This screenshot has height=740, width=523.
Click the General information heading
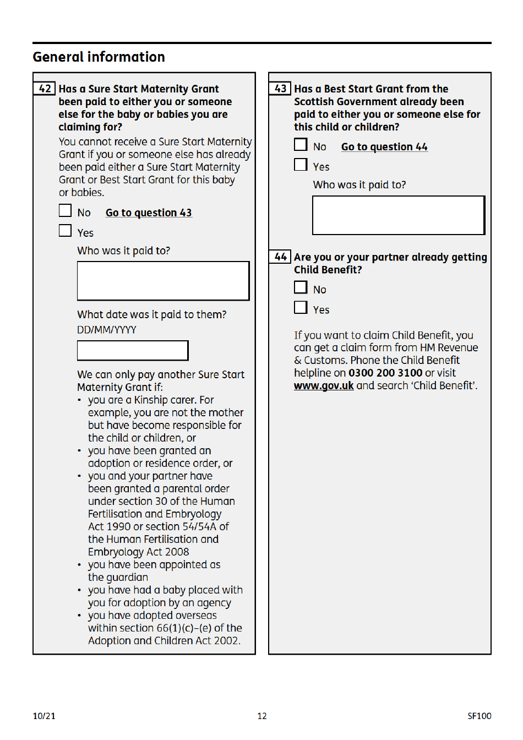[x=99, y=57]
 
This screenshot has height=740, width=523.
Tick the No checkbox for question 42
[x=66, y=211]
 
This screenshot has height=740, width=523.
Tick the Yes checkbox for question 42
[x=66, y=231]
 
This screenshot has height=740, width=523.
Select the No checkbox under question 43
[x=301, y=145]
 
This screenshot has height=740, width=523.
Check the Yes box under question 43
[x=301, y=165]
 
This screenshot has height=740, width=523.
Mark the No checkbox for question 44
[x=301, y=287]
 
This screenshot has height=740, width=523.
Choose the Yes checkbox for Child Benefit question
[x=301, y=308]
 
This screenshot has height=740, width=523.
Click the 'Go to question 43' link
[x=149, y=213]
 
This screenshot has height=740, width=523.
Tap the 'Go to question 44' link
[x=384, y=147]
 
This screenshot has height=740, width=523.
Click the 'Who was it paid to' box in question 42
[x=163, y=281]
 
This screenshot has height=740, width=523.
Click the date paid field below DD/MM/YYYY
[x=133, y=351]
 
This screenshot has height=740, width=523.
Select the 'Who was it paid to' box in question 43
[x=399, y=215]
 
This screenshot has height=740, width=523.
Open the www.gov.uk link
[x=324, y=386]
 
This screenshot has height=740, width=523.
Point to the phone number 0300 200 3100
[x=385, y=373]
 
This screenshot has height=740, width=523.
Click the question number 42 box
[x=45, y=89]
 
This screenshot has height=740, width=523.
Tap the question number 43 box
[x=280, y=89]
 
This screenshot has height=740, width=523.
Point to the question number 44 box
[x=280, y=257]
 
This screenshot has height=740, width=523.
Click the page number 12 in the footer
[x=262, y=716]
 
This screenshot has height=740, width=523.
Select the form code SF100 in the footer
[x=479, y=716]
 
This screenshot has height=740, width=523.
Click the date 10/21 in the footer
[x=44, y=716]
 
